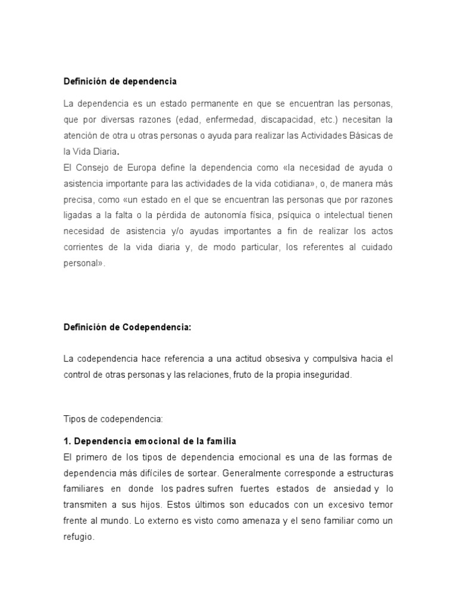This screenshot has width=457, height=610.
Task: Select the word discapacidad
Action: [284, 119]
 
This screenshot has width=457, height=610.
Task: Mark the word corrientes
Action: [84, 247]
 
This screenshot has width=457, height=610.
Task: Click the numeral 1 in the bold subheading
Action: [66, 441]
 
